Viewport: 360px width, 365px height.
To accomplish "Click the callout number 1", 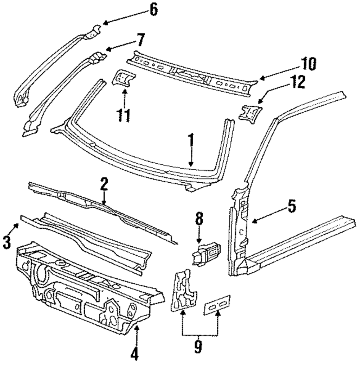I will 191,141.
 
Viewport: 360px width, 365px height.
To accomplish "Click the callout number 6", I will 154,10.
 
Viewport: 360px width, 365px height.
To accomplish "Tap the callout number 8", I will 199,219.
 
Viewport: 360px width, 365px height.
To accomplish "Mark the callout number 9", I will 198,347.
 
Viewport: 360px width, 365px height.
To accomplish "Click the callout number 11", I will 123,115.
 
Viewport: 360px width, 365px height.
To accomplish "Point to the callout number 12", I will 297,82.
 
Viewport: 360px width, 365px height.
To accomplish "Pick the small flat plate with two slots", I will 217,305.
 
